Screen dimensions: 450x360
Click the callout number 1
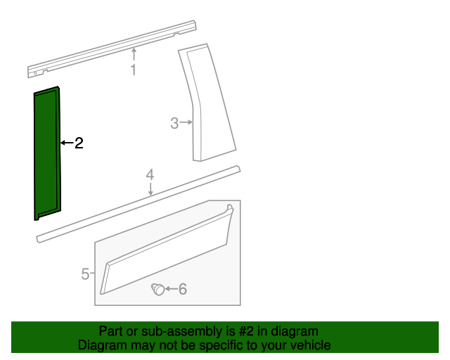pyautogui.click(x=134, y=70)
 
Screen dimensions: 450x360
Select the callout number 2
pyautogui.click(x=79, y=143)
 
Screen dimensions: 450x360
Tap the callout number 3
pyautogui.click(x=174, y=123)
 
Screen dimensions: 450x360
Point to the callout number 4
pyautogui.click(x=150, y=175)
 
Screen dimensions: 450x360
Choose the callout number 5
pyautogui.click(x=85, y=274)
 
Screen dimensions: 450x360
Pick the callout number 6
pyautogui.click(x=183, y=289)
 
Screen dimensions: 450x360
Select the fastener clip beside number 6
pyautogui.click(x=157, y=289)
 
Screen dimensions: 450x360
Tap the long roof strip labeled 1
pyautogui.click(x=112, y=49)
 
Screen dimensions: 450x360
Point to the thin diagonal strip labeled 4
pyautogui.click(x=138, y=204)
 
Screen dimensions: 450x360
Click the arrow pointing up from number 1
pyautogui.click(x=134, y=55)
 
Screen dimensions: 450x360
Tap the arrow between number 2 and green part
pyautogui.click(x=67, y=143)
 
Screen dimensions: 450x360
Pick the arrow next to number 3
pyautogui.click(x=186, y=122)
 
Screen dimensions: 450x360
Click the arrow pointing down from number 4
pyautogui.click(x=150, y=189)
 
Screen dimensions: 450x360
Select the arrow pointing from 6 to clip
pyautogui.click(x=171, y=289)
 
